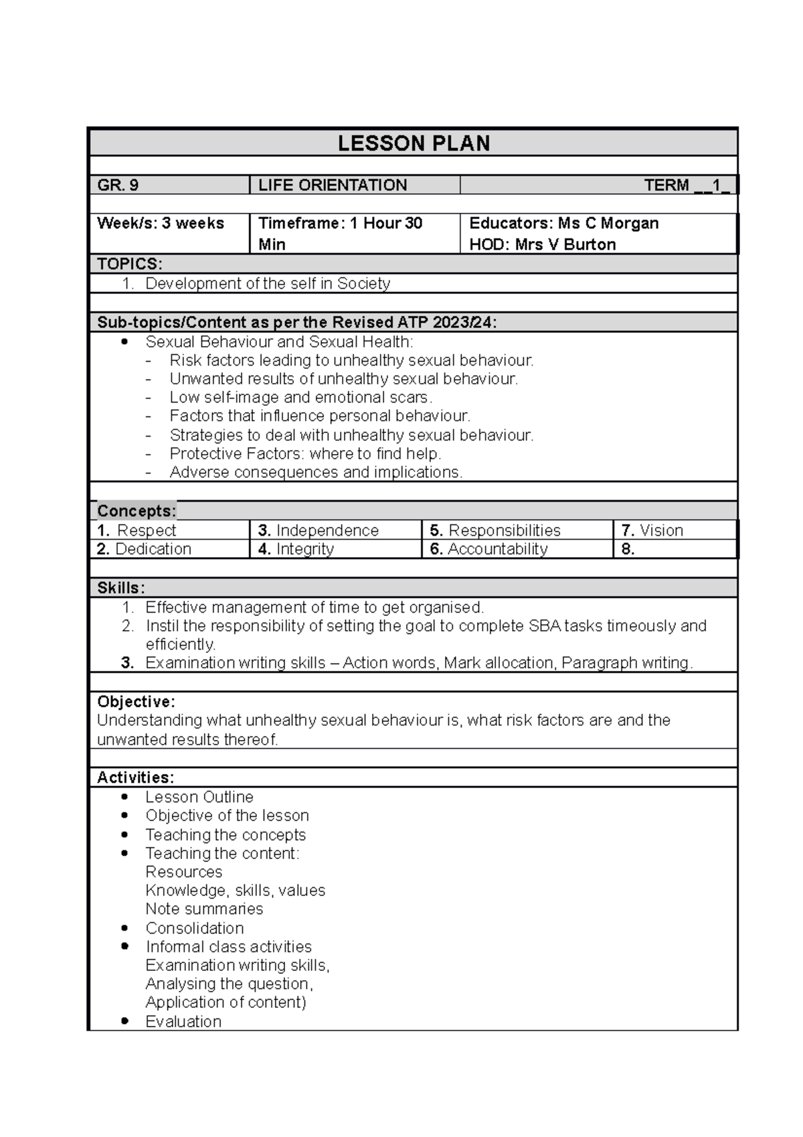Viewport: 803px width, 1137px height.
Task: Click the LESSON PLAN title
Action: (x=414, y=143)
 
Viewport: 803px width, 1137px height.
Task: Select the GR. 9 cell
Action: (x=118, y=185)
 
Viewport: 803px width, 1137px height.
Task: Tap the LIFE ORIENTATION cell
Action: (x=333, y=185)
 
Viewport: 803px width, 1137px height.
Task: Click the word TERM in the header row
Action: (x=666, y=185)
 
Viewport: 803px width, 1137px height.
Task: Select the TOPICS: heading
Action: (x=129, y=264)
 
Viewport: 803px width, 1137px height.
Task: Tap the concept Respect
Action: (x=146, y=530)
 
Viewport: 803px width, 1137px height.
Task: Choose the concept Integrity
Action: (x=304, y=549)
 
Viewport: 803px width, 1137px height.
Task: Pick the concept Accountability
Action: (x=497, y=549)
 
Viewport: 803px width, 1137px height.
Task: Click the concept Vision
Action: (x=661, y=530)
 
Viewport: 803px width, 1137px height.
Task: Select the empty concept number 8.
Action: (x=628, y=549)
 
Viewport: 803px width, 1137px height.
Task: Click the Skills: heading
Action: (x=121, y=588)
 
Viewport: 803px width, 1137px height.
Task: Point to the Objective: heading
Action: (x=136, y=702)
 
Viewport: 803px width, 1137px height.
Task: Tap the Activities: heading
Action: (x=135, y=777)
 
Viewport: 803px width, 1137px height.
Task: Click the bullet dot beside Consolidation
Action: (x=124, y=928)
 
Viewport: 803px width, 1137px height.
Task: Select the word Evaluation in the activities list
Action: (x=183, y=1021)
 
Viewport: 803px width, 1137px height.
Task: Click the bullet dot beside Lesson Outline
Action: (x=124, y=797)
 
